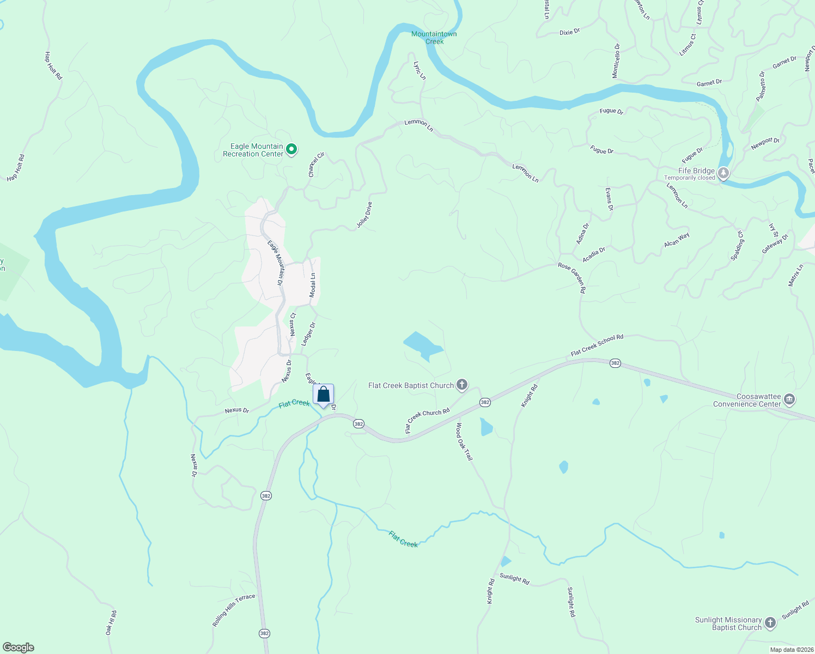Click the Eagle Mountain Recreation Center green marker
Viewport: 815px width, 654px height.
tap(291, 149)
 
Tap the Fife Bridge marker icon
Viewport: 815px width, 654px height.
tap(723, 173)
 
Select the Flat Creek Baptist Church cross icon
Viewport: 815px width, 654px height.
tap(461, 385)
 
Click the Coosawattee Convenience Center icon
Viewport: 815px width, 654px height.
tap(789, 400)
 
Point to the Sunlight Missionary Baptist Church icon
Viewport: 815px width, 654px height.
tap(770, 623)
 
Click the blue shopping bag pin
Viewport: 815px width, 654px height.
tap(323, 395)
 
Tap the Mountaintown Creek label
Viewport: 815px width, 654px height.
tap(434, 38)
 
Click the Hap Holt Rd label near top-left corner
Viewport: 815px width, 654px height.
tap(53, 66)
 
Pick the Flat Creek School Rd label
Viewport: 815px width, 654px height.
tap(597, 346)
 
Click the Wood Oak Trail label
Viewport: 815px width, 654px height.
tap(464, 441)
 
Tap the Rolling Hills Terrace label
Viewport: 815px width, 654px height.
tap(234, 610)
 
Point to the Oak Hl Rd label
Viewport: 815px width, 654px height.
tap(111, 622)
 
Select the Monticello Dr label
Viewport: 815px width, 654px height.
tap(616, 60)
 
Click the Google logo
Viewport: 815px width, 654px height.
tap(19, 647)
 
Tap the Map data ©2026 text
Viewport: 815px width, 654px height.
tap(790, 650)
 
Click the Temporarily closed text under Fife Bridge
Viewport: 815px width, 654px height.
tap(689, 178)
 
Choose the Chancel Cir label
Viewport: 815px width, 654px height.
tap(316, 165)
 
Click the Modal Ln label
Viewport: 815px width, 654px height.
tap(313, 285)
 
